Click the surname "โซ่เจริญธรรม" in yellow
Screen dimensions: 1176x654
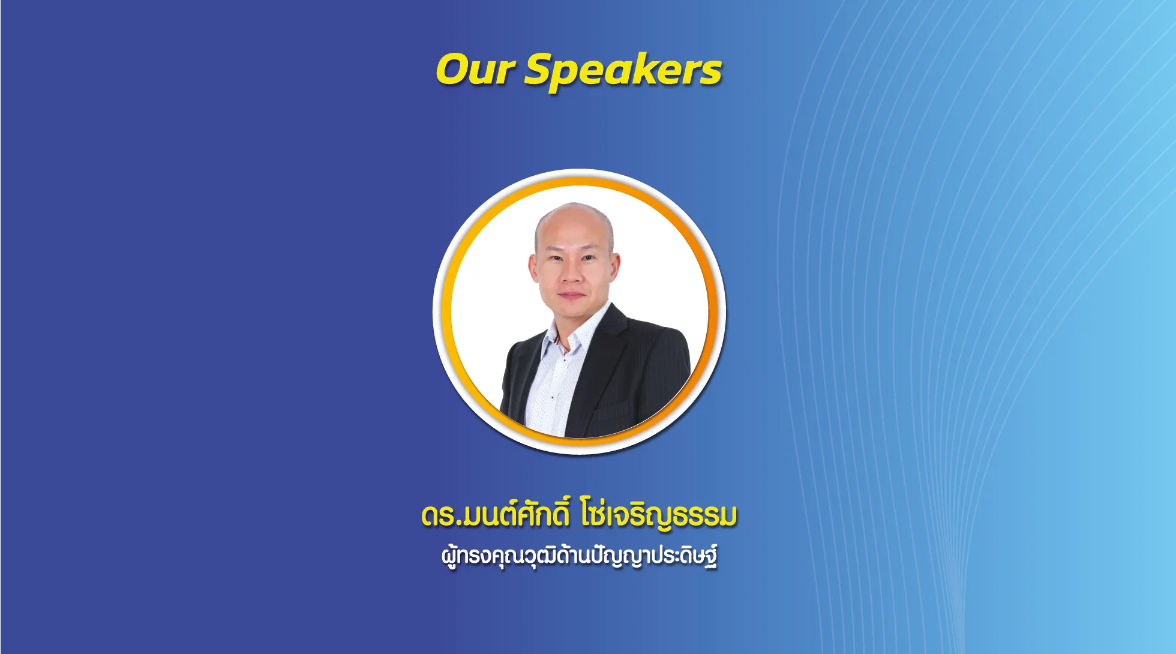tap(659, 515)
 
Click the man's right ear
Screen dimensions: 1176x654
tap(532, 268)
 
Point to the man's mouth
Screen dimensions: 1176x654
tap(571, 296)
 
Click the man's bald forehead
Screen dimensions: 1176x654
tap(573, 231)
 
